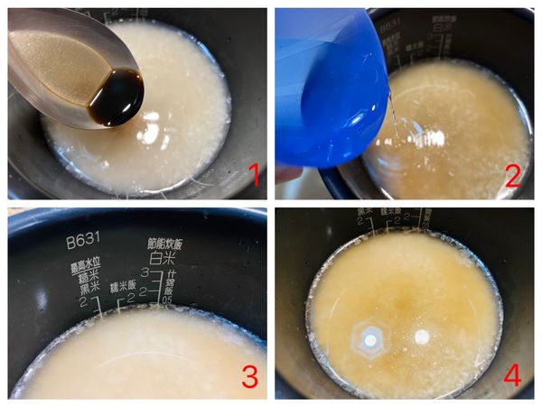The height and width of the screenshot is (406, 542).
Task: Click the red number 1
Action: [254, 173]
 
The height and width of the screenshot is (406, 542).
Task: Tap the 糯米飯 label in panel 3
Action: [124, 286]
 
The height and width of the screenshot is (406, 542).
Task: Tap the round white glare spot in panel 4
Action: [421, 337]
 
